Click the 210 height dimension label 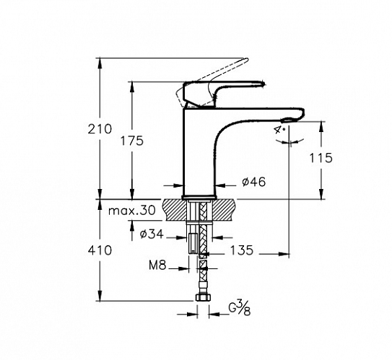(100, 129)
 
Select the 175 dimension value (132, 141)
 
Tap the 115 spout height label (321, 158)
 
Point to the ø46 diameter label (253, 182)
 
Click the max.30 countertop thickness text (132, 211)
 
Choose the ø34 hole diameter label (152, 234)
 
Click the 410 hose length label (100, 250)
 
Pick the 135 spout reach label (242, 250)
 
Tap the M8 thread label (157, 265)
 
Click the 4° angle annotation (279, 130)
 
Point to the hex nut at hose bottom (203, 297)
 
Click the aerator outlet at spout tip (289, 120)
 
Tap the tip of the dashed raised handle (247, 59)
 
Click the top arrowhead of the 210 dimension (100, 62)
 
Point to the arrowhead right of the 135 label (284, 254)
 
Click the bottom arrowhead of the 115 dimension (321, 194)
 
